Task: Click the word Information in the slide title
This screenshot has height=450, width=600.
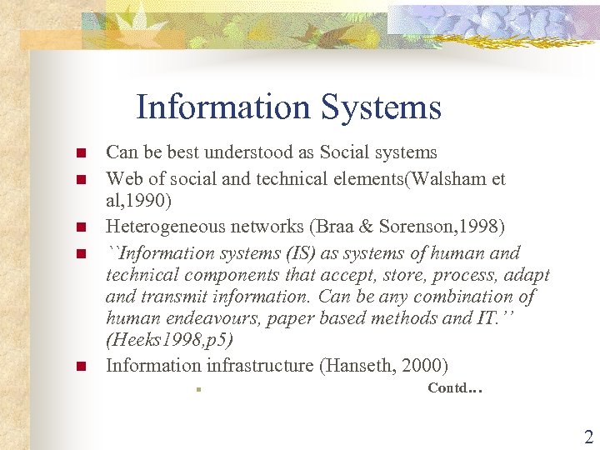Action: click(222, 107)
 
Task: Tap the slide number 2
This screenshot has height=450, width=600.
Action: click(588, 437)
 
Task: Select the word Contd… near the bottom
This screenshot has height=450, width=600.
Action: click(455, 387)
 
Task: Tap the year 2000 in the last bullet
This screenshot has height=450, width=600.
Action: click(426, 365)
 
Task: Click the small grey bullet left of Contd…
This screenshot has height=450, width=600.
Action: click(192, 388)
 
